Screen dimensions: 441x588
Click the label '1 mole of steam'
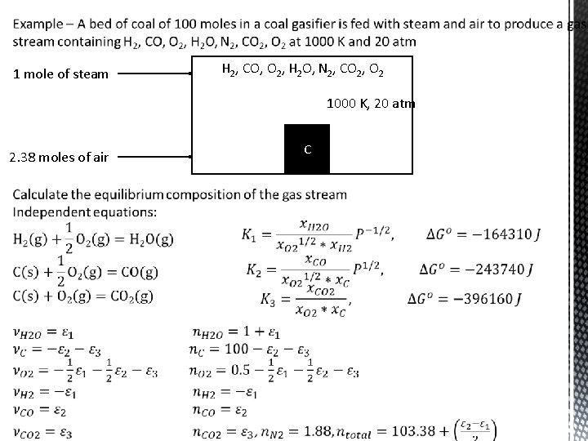[x=61, y=74]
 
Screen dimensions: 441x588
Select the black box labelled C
[x=307, y=149]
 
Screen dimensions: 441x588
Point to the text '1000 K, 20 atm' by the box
[x=371, y=105]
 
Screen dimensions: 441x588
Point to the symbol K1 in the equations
[x=249, y=235]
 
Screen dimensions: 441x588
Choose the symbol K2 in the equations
[x=255, y=269]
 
